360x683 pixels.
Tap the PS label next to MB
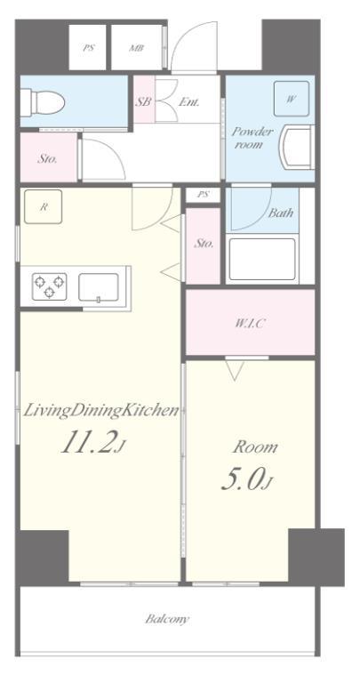89,49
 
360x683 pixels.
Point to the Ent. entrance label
188,102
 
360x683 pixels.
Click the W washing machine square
290,100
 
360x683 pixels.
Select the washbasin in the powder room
298,148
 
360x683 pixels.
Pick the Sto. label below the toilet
46,160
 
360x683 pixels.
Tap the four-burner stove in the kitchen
49,287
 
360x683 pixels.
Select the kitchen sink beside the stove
98,287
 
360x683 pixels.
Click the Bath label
281,213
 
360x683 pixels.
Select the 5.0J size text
247,480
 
